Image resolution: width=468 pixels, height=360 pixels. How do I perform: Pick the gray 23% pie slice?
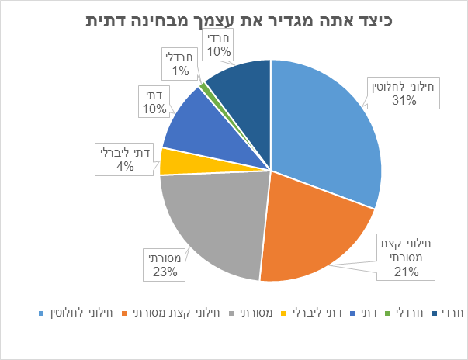pos(213,225)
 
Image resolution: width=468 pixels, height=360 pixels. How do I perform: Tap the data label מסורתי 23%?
pos(165,263)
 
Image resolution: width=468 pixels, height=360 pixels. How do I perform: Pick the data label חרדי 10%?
pos(219,43)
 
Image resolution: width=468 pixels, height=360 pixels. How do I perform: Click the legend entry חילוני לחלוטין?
pos(81,314)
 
